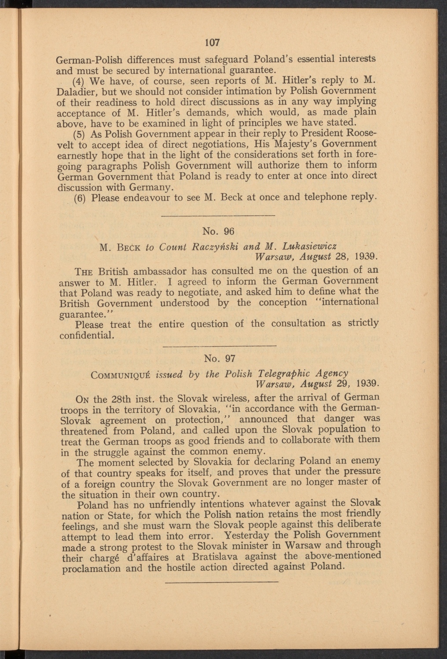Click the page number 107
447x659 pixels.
[x=212, y=43]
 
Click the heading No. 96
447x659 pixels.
[x=218, y=231]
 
